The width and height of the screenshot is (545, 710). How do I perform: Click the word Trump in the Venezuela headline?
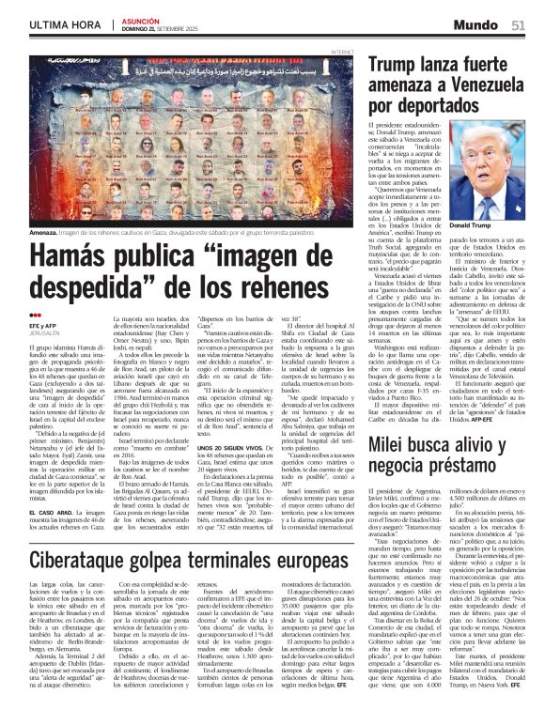coord(398,65)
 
